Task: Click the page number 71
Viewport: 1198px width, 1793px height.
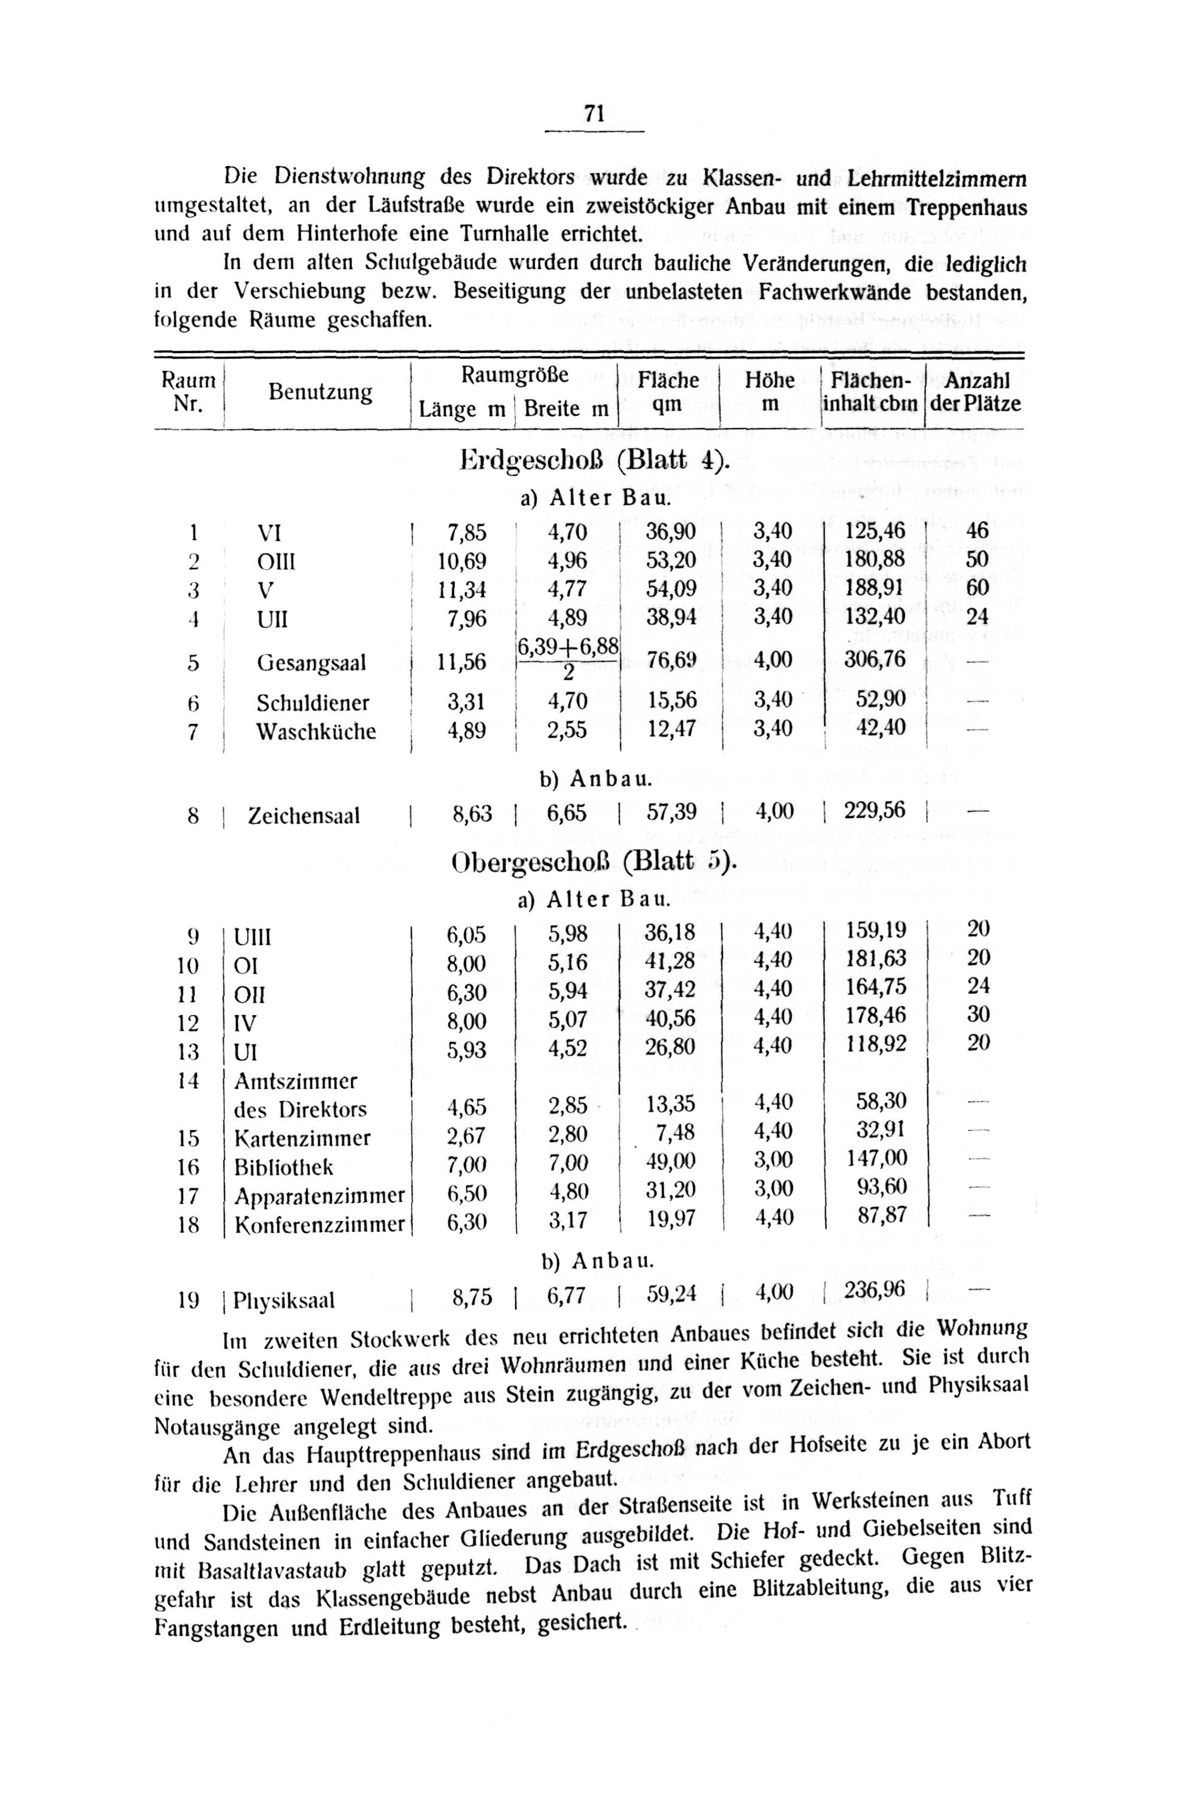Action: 594,114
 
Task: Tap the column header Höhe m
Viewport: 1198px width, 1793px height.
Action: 769,391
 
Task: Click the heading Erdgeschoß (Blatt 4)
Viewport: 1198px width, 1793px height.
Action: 595,461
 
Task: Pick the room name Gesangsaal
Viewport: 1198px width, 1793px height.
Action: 311,662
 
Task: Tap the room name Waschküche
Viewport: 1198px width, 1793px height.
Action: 316,732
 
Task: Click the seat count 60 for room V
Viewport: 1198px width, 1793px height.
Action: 977,588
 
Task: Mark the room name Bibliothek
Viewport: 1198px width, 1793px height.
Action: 283,1167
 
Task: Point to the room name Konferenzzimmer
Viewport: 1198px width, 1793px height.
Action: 319,1225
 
